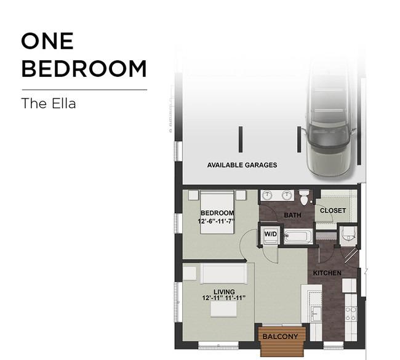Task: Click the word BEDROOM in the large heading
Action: [84, 68]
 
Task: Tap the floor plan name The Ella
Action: [49, 103]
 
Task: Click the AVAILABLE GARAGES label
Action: [242, 165]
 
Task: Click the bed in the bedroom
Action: [217, 212]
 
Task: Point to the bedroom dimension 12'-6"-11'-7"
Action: [216, 221]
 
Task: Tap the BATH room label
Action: [292, 215]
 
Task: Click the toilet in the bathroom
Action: [304, 197]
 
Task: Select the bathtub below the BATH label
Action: [298, 236]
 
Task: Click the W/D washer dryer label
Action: [270, 234]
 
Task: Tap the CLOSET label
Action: [333, 210]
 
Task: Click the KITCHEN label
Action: [327, 273]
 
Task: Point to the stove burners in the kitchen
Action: [351, 314]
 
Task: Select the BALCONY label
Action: [280, 337]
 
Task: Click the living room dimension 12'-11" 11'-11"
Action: [224, 298]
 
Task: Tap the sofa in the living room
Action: [224, 273]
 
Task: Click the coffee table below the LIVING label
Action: [223, 309]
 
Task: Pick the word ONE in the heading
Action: [48, 41]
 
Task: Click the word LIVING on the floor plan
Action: [224, 292]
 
